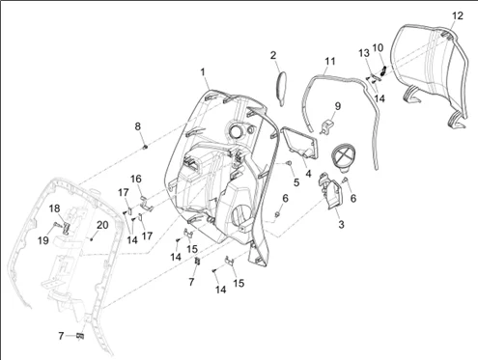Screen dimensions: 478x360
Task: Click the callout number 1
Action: click(203, 72)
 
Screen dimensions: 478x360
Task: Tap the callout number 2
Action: click(273, 55)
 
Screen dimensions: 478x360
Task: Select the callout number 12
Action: click(458, 15)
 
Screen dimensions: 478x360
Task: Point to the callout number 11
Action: click(330, 61)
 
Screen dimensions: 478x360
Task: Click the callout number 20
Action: click(102, 225)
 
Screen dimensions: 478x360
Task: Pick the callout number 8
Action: click(138, 126)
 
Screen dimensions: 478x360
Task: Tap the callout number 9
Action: click(337, 106)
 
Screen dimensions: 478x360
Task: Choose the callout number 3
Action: click(341, 224)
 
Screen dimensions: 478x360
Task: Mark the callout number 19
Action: click(43, 240)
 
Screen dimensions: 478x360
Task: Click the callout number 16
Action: click(136, 179)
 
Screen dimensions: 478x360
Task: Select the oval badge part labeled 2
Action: click(282, 88)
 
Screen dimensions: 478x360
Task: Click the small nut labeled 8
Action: click(145, 147)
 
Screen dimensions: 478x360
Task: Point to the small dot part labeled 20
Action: click(92, 239)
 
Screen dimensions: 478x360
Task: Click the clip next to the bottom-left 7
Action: click(80, 336)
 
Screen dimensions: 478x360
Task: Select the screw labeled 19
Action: click(57, 225)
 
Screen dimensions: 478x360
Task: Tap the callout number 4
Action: click(308, 174)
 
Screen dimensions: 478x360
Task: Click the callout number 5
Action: click(296, 182)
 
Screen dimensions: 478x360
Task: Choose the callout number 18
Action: click(54, 208)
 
